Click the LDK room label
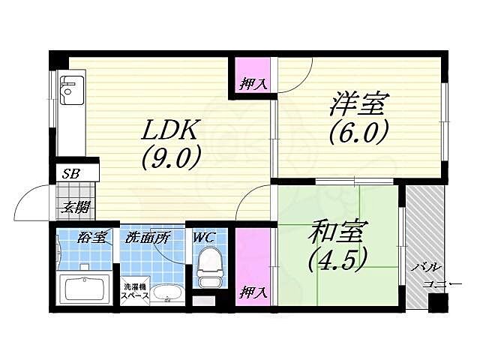(x=171, y=130)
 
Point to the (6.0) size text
(x=358, y=133)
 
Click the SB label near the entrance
(x=71, y=174)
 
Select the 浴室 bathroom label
(x=94, y=238)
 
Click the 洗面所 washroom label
(x=148, y=238)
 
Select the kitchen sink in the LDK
(x=70, y=91)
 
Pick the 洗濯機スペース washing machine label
(x=136, y=289)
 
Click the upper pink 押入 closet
(x=253, y=75)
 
